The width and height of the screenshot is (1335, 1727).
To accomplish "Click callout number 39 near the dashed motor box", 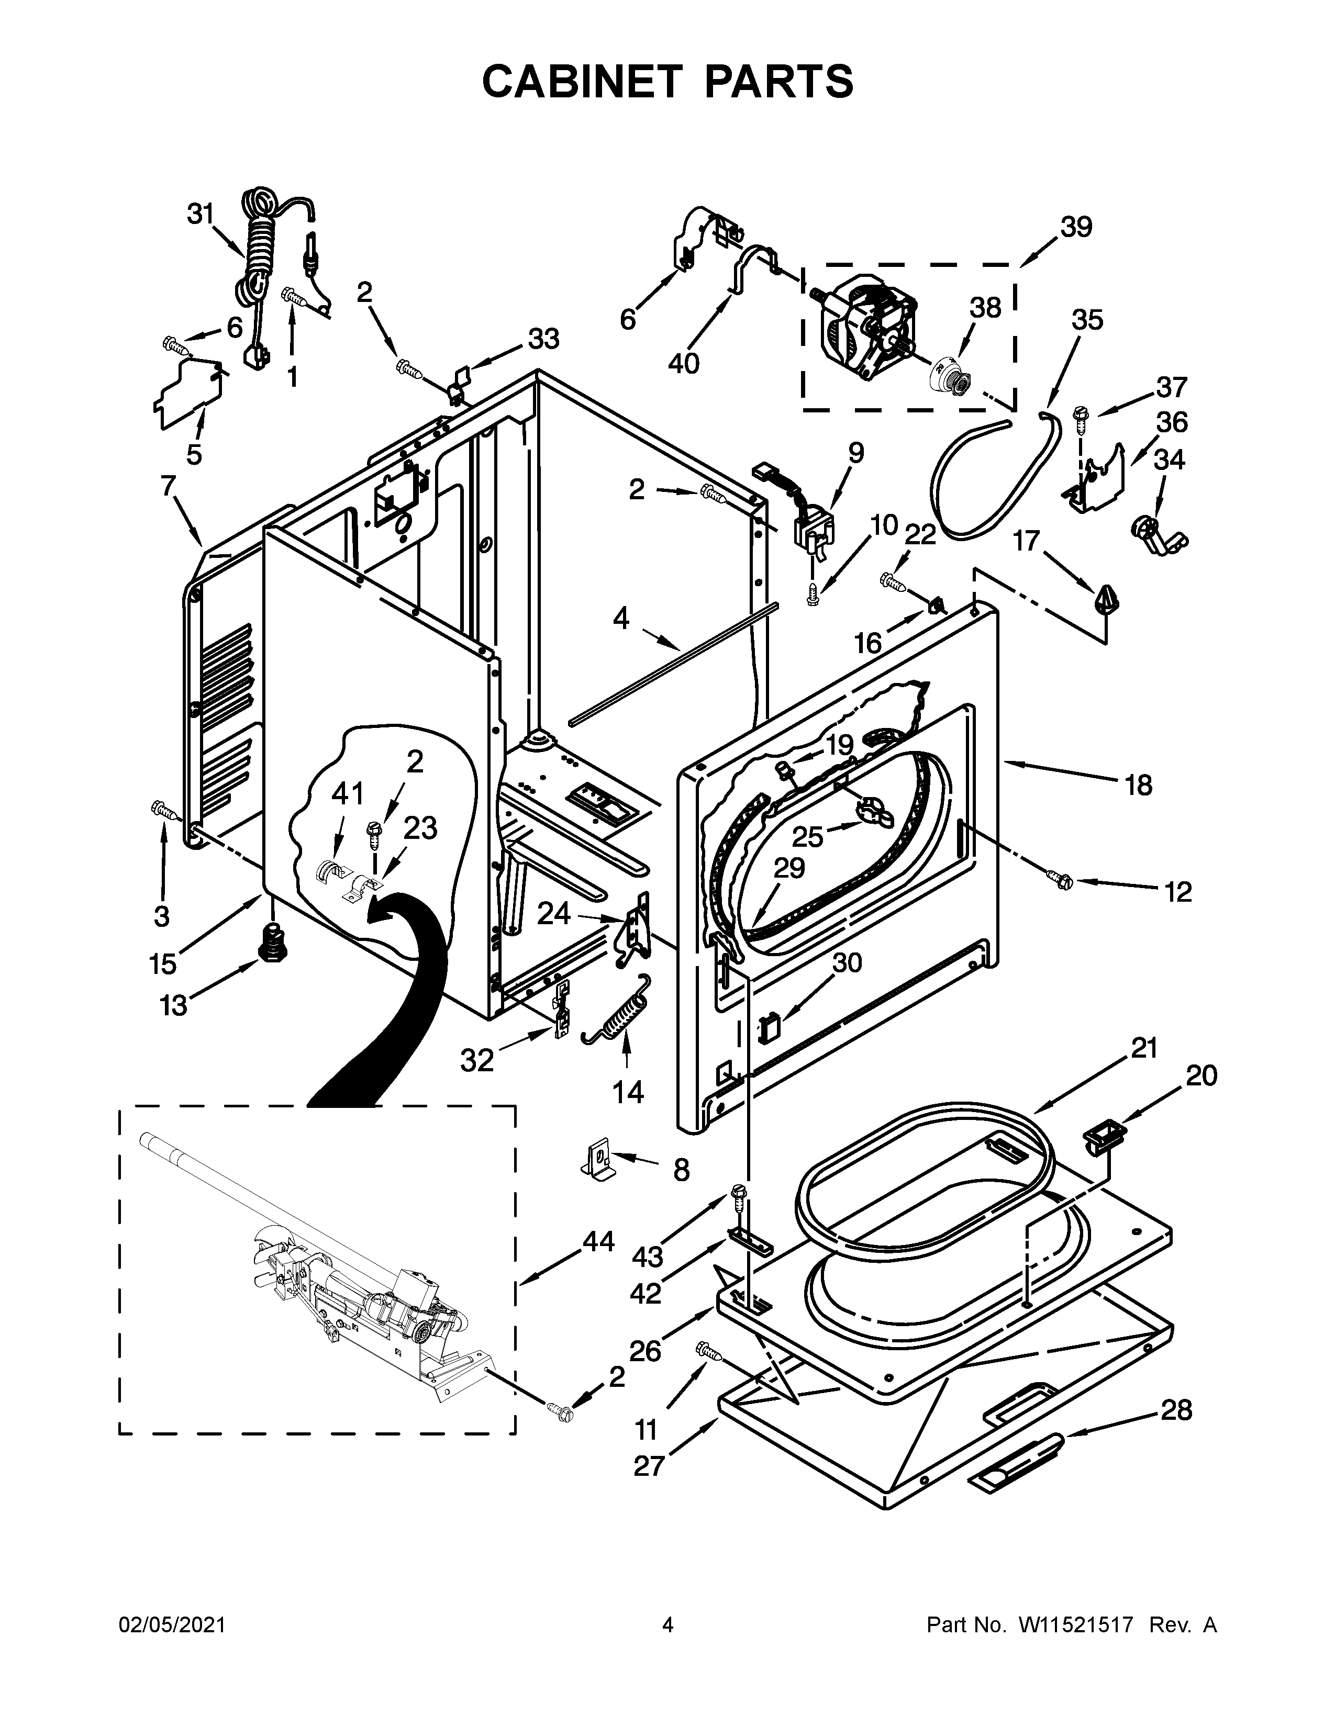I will point(1076,227).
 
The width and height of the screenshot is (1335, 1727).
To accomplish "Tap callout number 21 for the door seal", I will point(1143,1049).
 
